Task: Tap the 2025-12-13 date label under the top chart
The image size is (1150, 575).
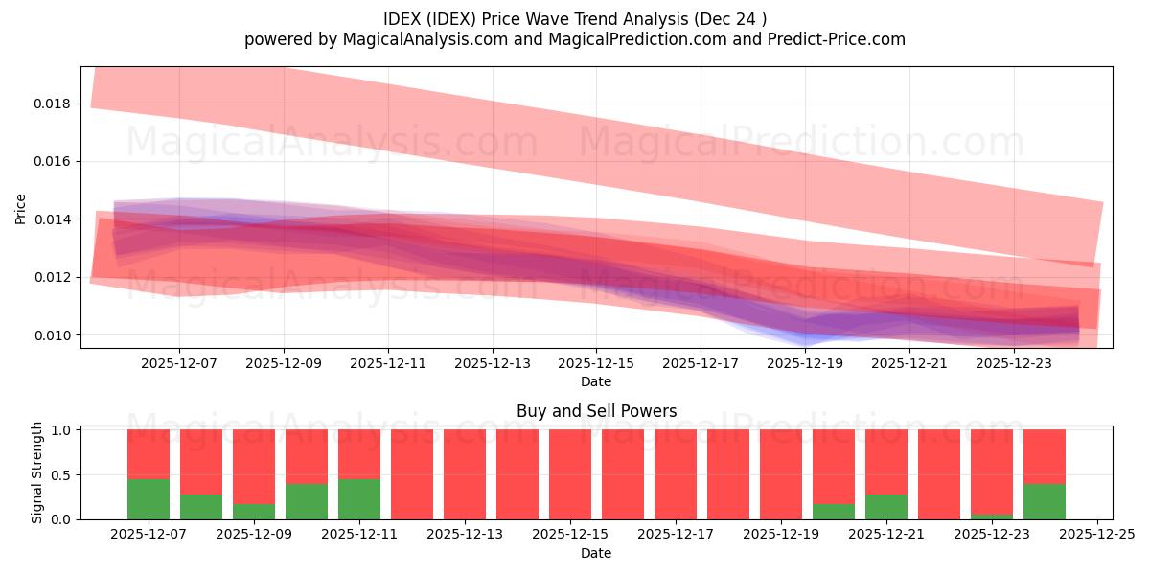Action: point(492,363)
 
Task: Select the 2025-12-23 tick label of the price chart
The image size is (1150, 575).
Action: point(1013,363)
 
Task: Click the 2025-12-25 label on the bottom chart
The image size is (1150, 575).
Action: point(1096,535)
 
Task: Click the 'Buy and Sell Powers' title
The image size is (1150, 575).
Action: point(596,411)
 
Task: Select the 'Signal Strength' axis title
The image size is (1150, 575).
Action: point(36,472)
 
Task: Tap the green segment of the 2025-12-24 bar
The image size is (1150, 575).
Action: point(1045,501)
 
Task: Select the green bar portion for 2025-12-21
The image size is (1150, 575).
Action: point(886,507)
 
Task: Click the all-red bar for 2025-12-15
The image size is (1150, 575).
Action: point(570,474)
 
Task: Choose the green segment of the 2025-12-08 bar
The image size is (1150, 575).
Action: point(201,507)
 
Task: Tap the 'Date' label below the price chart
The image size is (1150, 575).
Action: point(596,381)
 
